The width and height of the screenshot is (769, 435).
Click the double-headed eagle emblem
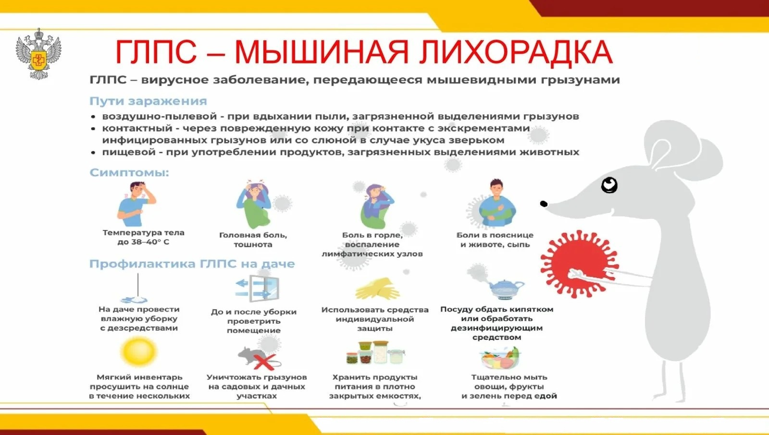(x=38, y=54)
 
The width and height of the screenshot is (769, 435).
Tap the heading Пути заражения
(x=148, y=101)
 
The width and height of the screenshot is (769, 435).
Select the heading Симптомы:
(x=129, y=172)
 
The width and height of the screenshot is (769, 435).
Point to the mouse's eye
(x=609, y=185)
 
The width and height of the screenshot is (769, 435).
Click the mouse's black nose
(x=544, y=204)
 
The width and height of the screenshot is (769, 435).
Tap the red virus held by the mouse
(x=580, y=264)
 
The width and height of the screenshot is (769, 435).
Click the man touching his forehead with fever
(x=136, y=204)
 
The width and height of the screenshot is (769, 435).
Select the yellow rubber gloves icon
(x=377, y=289)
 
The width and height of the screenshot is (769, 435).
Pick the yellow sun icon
(x=139, y=351)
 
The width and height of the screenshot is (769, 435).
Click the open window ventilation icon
(x=258, y=288)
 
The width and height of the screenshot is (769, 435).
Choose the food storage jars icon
(x=375, y=353)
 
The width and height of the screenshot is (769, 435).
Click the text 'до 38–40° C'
(x=143, y=242)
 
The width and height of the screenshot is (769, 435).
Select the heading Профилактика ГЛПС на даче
(x=192, y=264)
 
